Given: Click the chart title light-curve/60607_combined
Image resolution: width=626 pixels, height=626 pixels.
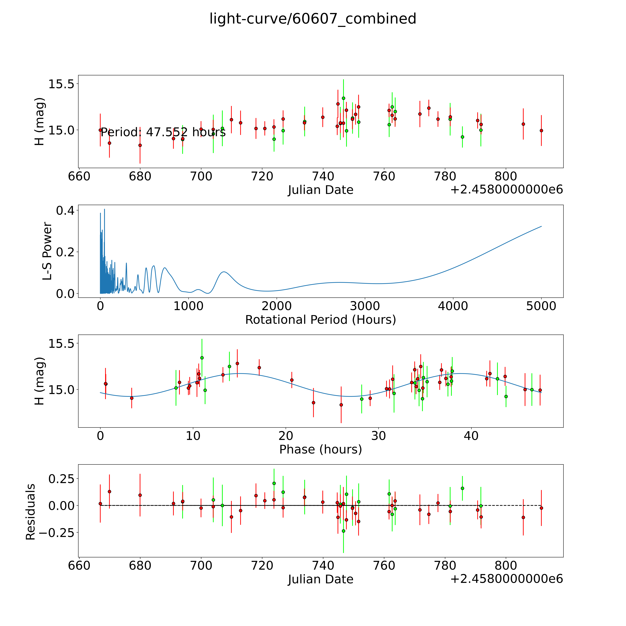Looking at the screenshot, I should click(x=313, y=19).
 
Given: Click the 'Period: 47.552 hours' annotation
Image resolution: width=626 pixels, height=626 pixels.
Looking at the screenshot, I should click(x=163, y=132).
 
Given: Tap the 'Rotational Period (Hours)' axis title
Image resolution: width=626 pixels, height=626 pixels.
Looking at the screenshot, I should click(x=320, y=320).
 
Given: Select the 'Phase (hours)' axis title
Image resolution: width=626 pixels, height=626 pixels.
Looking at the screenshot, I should click(x=320, y=449).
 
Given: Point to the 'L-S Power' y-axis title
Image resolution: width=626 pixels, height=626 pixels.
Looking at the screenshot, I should click(x=47, y=251).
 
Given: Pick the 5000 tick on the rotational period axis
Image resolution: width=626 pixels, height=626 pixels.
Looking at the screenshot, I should click(x=541, y=306).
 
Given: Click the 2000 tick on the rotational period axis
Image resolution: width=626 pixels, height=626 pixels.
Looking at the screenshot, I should click(x=277, y=306).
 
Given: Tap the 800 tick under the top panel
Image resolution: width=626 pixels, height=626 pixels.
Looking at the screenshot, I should click(x=506, y=177).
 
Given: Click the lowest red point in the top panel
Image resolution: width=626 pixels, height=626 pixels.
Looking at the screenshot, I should click(x=140, y=145).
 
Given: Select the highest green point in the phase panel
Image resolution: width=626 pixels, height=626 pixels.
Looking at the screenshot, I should click(x=202, y=358).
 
